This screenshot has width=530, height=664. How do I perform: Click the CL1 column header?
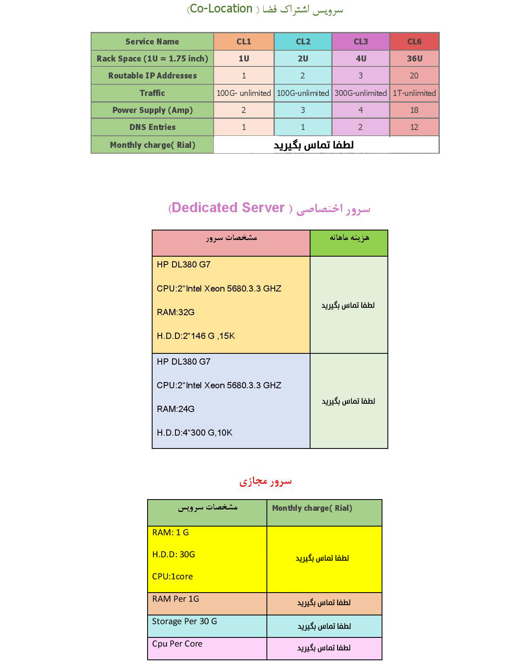pos(244,42)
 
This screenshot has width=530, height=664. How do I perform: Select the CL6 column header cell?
pos(414,42)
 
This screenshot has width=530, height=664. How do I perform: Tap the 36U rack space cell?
pos(414,59)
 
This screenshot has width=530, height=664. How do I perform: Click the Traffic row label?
pos(152,93)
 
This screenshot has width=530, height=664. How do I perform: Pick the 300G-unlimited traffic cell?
pos(360,93)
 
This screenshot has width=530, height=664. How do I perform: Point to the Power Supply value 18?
pos(414,110)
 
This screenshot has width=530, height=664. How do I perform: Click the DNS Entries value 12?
pos(414,127)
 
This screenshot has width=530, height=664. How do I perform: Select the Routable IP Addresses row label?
pos(152,76)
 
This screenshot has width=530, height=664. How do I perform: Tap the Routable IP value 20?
pos(414,76)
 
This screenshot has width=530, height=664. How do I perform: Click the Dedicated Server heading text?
pos(228,208)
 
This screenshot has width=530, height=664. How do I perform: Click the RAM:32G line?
pos(175,312)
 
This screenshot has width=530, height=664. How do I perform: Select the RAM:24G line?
pos(175,409)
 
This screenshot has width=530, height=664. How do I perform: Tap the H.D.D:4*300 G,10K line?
pos(194,433)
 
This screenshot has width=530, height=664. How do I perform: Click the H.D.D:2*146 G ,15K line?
pos(195,336)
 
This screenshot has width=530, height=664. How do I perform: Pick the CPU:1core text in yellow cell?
pos(172,576)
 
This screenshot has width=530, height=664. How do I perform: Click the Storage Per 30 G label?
pos(184,621)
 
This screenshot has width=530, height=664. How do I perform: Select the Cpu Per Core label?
pos(177,644)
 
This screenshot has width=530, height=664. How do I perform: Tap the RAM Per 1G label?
pos(175,599)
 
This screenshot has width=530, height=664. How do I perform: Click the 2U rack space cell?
pos(303,59)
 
